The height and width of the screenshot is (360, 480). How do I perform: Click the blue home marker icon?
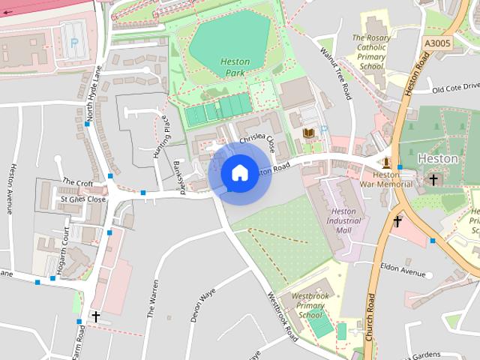coord(239,173)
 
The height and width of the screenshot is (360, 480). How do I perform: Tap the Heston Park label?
coord(235,67)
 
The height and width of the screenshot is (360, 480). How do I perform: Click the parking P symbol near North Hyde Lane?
coord(73,43)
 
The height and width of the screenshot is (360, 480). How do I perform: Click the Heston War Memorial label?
coord(386,179)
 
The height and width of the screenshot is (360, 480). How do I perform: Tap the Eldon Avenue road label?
coord(402,268)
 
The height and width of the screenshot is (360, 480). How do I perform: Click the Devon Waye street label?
coord(202,304)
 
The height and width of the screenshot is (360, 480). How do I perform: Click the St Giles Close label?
coord(83,199)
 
